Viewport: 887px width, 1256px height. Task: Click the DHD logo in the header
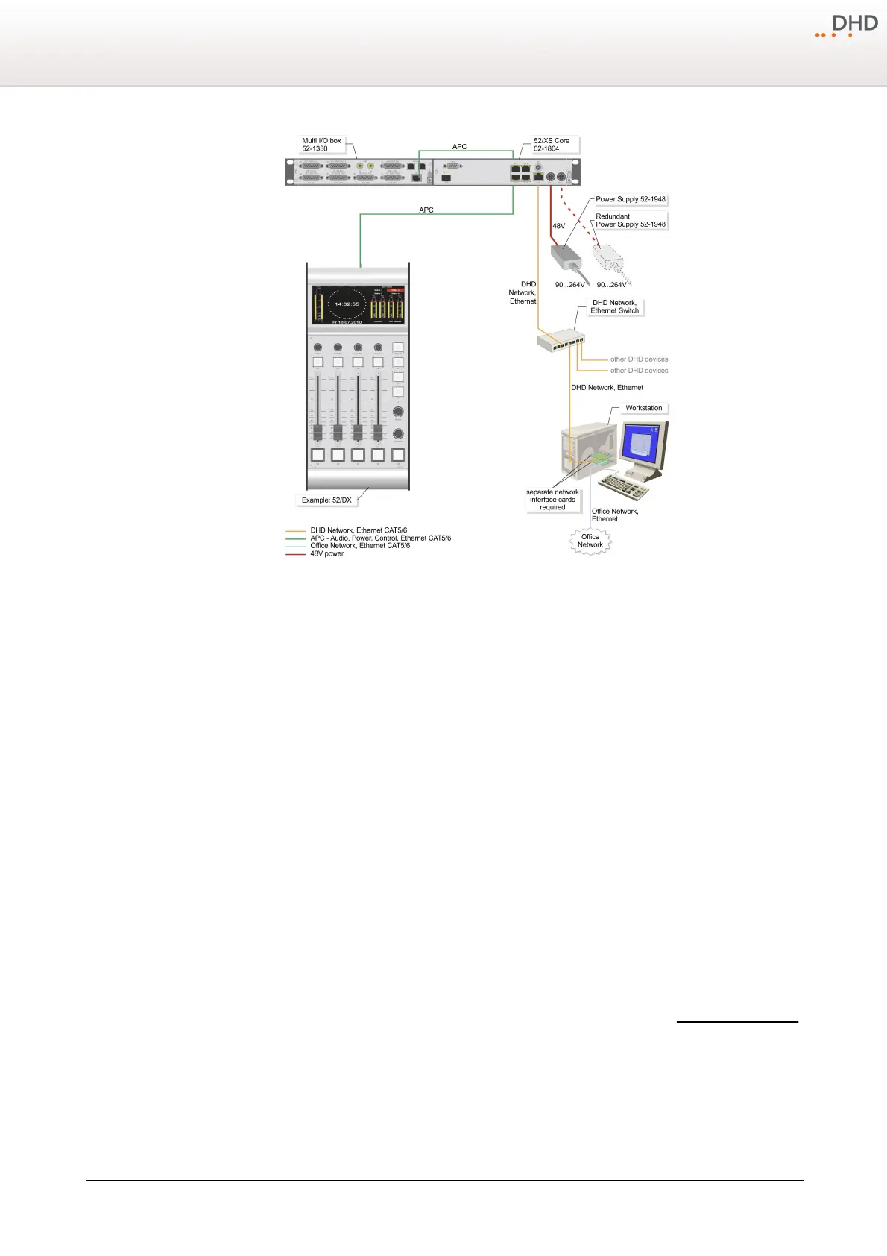point(847,26)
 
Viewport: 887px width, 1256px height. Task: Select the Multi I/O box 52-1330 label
point(321,145)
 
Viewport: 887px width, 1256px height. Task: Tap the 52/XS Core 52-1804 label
point(552,145)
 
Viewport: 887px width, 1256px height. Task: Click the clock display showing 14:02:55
point(347,304)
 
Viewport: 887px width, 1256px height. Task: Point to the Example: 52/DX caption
point(326,500)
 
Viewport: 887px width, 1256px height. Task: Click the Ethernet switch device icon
point(560,340)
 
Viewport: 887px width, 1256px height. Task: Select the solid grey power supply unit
point(566,258)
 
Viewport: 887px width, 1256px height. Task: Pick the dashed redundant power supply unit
point(607,257)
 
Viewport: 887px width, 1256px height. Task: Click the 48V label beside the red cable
point(558,226)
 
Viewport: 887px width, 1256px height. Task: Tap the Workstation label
point(643,408)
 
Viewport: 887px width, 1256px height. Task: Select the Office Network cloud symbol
point(590,541)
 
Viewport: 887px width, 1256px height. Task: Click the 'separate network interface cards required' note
point(552,500)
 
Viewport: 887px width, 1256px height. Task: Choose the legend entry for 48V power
point(326,554)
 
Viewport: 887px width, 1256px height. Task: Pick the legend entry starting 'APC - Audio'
point(380,538)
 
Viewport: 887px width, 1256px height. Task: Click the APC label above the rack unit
point(460,147)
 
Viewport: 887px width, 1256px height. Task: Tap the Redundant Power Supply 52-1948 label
point(630,220)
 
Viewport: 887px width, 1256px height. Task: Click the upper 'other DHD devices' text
point(639,359)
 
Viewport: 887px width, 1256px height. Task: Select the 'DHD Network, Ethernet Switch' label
point(614,307)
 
